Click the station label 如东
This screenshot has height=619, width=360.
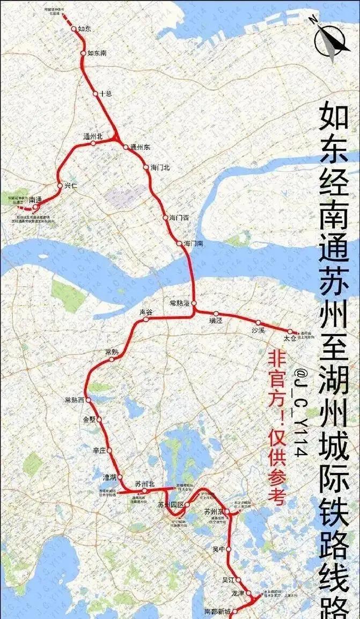[x=84, y=28]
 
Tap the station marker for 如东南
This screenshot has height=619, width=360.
[x=83, y=53]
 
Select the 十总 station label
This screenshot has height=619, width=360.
[x=106, y=94]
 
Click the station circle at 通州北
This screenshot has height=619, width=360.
[x=93, y=143]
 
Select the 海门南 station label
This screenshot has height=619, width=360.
[x=193, y=244]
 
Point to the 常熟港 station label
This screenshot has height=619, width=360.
[x=179, y=303]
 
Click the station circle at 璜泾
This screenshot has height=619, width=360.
[x=216, y=314]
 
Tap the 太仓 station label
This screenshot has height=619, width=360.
[x=290, y=339]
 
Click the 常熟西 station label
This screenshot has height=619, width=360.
[x=75, y=400]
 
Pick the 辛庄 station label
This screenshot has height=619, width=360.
[x=100, y=450]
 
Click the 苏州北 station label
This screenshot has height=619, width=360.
[x=144, y=484]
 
